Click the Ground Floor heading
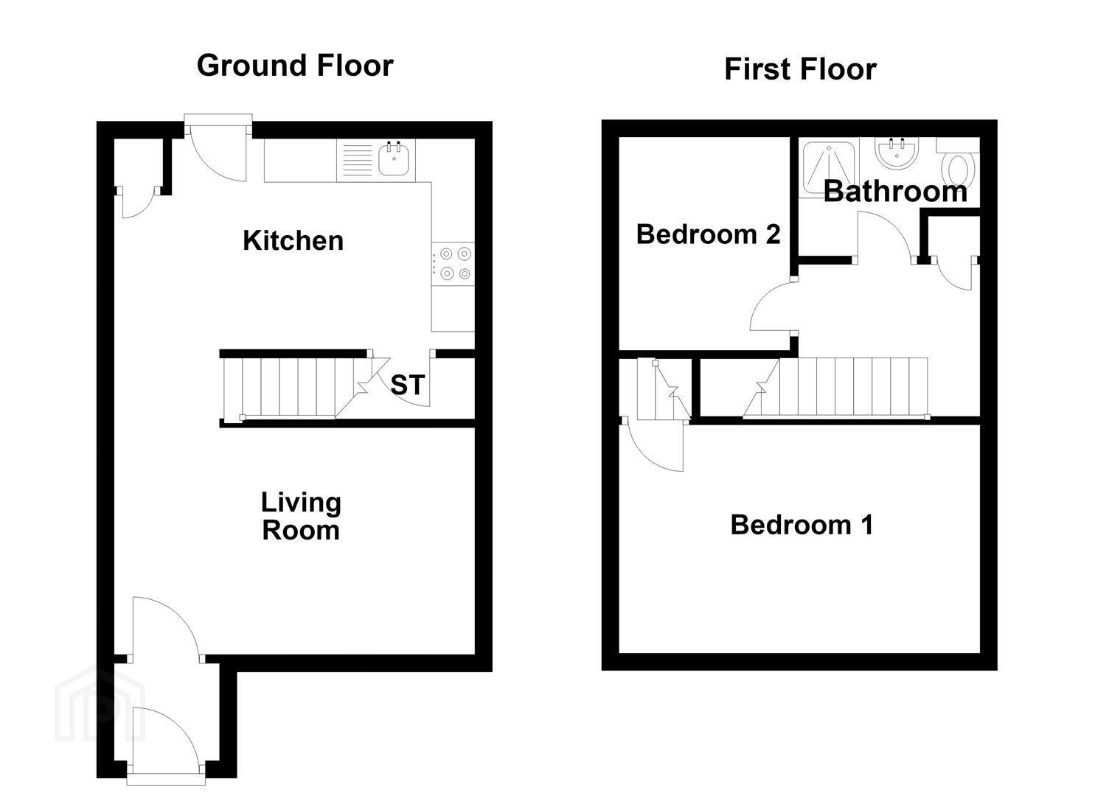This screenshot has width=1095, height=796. point(295,66)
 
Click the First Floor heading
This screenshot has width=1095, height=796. point(800,69)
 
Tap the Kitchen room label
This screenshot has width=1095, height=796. point(293,240)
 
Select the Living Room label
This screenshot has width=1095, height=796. point(301,517)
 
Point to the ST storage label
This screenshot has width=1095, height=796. point(407,385)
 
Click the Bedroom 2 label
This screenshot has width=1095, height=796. point(709,234)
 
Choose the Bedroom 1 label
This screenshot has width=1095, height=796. point(802,525)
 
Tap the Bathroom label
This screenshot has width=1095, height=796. point(896,191)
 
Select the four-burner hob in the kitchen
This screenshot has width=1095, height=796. point(453,264)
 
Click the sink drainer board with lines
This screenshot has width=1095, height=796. point(358,160)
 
